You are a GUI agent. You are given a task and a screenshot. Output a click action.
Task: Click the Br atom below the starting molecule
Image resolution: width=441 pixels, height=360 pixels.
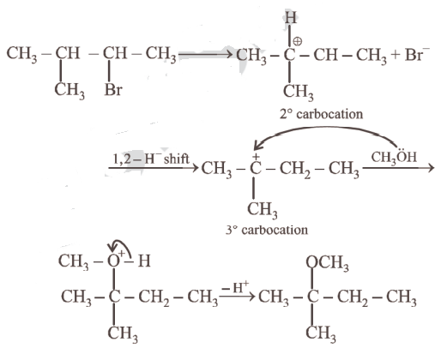click(x=113, y=90)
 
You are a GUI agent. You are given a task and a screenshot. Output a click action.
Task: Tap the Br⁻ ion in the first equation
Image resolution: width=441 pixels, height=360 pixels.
click(x=417, y=54)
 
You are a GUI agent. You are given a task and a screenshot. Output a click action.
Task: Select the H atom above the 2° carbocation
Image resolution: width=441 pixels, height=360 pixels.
click(x=290, y=17)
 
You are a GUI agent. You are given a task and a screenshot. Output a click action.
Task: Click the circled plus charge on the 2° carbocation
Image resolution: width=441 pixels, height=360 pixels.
click(x=298, y=42)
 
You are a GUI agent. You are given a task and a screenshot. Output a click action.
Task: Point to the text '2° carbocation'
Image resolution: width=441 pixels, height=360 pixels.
click(x=322, y=114)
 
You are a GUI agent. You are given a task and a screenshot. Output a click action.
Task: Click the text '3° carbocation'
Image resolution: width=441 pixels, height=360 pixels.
click(x=267, y=230)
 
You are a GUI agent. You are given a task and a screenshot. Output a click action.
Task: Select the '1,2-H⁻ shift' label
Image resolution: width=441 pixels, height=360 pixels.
click(x=151, y=159)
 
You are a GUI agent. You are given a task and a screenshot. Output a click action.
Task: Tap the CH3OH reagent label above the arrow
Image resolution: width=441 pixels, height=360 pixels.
click(x=394, y=157)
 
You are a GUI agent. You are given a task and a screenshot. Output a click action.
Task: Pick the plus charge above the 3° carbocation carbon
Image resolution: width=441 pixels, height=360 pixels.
click(x=256, y=156)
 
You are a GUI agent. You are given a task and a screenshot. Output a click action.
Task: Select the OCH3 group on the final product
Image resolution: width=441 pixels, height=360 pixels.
click(x=327, y=262)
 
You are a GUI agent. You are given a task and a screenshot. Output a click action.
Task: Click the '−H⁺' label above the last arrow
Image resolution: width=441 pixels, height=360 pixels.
click(x=235, y=287)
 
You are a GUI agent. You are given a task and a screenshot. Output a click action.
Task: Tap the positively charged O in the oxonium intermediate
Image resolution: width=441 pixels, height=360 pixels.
click(x=113, y=261)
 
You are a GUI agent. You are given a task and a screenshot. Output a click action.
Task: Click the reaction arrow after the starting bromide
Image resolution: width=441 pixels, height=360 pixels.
click(x=205, y=54)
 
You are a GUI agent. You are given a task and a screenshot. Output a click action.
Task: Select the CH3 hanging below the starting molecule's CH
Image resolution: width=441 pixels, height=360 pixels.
click(x=69, y=90)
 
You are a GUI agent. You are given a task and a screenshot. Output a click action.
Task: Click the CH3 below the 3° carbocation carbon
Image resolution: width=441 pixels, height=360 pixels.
click(x=263, y=209)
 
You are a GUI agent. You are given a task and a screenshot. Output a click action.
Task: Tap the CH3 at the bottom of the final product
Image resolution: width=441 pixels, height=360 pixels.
click(x=321, y=333)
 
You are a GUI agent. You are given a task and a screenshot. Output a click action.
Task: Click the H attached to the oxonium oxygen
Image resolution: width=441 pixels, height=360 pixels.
click(x=144, y=261)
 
